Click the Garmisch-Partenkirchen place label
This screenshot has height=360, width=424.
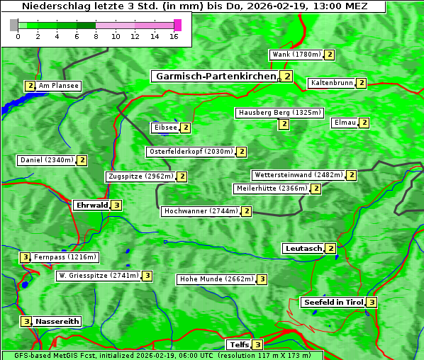[215, 76]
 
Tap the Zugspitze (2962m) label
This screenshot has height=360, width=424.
[140, 176]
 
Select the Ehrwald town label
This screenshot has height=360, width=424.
[91, 206]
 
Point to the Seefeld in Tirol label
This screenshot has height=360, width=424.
[333, 303]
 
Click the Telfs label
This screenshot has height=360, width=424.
[238, 345]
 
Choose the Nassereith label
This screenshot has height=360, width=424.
[57, 321]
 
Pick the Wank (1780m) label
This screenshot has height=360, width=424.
[296, 55]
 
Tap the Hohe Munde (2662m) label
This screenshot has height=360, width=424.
[216, 279]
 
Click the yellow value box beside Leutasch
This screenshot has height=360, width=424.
[330, 248]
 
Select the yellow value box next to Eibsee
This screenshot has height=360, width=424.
[185, 128]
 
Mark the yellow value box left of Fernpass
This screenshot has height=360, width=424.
[25, 257]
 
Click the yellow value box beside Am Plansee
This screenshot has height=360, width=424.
[30, 86]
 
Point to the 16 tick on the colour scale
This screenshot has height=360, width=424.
[174, 36]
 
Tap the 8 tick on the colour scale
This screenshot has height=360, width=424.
[96, 36]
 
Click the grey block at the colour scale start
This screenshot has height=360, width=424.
[14, 25]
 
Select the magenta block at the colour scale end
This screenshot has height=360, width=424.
[177, 25]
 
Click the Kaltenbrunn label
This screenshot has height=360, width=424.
[331, 83]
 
